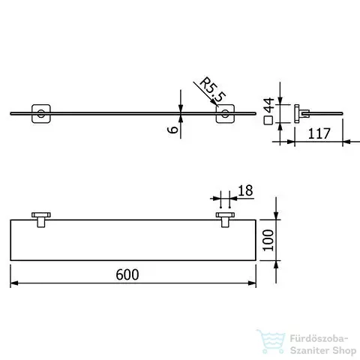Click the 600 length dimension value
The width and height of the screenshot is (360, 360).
[x=127, y=274]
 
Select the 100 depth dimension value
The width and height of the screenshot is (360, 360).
[x=269, y=240]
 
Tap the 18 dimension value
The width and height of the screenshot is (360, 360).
[x=245, y=190]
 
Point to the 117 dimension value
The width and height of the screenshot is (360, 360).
[x=319, y=133]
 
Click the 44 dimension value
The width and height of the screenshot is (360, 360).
[x=269, y=105]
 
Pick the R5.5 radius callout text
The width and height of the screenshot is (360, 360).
[x=212, y=89]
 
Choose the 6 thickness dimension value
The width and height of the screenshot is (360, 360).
[x=172, y=129]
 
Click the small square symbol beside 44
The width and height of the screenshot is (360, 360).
[x=268, y=121]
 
